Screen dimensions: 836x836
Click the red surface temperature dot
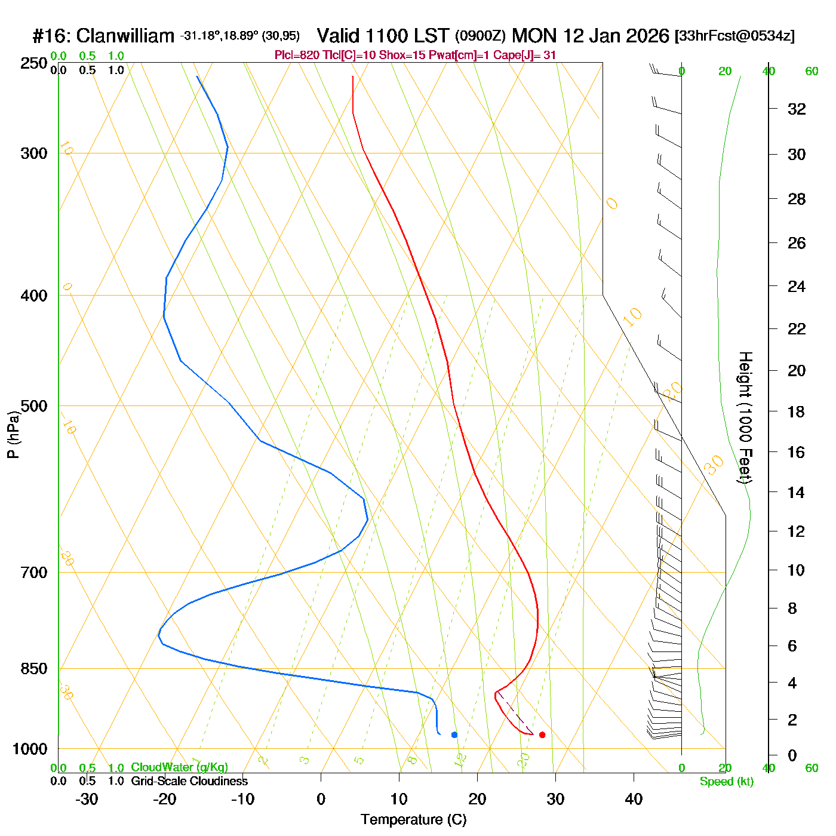(x=542, y=734)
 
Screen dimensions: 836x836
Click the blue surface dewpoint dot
(x=454, y=734)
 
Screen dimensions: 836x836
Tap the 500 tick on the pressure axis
(x=34, y=406)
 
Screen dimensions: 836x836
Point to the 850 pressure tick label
(x=34, y=669)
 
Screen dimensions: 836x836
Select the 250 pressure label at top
(x=34, y=63)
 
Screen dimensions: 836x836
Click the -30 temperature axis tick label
(x=87, y=799)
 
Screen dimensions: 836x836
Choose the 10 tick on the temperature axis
(x=399, y=799)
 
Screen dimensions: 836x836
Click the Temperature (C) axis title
(x=413, y=820)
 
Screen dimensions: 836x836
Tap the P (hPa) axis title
(x=13, y=434)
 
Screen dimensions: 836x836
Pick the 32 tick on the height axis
(x=797, y=109)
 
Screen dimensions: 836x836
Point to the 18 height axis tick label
(x=797, y=411)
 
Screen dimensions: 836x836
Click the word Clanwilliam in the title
(x=125, y=36)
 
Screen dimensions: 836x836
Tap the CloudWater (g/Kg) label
(x=179, y=767)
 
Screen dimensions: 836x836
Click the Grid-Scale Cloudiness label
(x=189, y=781)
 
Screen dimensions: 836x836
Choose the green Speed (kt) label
(x=726, y=782)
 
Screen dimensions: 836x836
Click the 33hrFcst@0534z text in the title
(x=734, y=36)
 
